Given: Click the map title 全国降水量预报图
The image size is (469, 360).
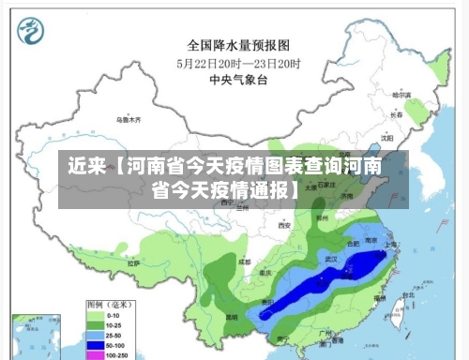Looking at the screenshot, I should [237, 44].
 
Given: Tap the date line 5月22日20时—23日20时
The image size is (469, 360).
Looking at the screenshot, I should [238, 63].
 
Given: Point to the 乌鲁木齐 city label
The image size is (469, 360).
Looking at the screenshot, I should [128, 120].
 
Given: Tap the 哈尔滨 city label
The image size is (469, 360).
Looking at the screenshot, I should [401, 95].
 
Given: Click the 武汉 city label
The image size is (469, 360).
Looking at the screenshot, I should [330, 257].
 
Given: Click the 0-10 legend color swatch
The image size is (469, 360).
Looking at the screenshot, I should [95, 316].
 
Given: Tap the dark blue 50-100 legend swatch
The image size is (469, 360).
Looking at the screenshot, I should [95, 345].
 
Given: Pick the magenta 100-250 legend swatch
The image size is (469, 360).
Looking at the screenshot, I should [95, 355].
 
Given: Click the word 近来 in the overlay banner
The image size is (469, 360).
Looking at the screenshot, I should [86, 167].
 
